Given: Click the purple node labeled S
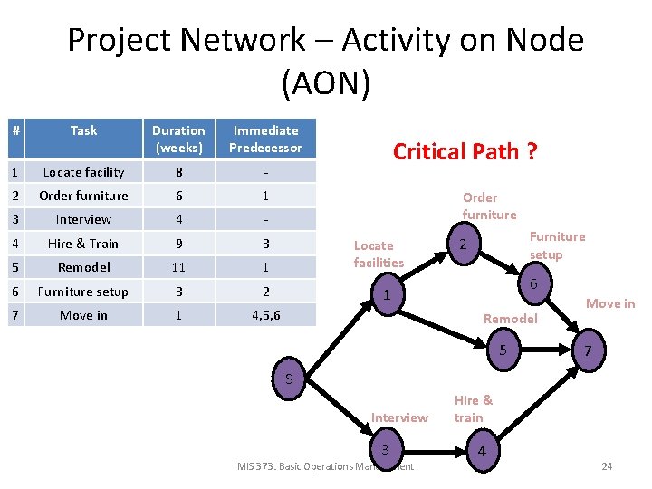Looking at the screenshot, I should pyautogui.click(x=289, y=379).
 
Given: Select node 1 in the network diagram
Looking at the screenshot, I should pyautogui.click(x=387, y=295).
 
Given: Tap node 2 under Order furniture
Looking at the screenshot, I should pyautogui.click(x=463, y=245).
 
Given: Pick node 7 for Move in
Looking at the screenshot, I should pyautogui.click(x=588, y=350).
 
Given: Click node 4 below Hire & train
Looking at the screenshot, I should pyautogui.click(x=482, y=451).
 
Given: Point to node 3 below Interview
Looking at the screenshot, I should pyautogui.click(x=385, y=450).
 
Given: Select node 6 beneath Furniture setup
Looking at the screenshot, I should pyautogui.click(x=534, y=283).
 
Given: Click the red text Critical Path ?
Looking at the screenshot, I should pyautogui.click(x=465, y=151).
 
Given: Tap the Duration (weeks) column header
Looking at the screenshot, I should pyautogui.click(x=178, y=139).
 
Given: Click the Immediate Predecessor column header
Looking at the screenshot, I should pyautogui.click(x=265, y=139).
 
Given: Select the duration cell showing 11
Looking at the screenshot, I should pyautogui.click(x=178, y=268).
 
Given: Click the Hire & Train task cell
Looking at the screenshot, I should pyautogui.click(x=83, y=244).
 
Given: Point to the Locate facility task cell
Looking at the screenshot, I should pyautogui.click(x=83, y=172).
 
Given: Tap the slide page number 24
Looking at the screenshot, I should pyautogui.click(x=607, y=466).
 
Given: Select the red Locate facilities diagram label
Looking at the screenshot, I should pyautogui.click(x=379, y=254).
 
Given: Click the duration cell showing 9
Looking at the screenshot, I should pyautogui.click(x=178, y=244).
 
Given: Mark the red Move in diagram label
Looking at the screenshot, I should pyautogui.click(x=610, y=303).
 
